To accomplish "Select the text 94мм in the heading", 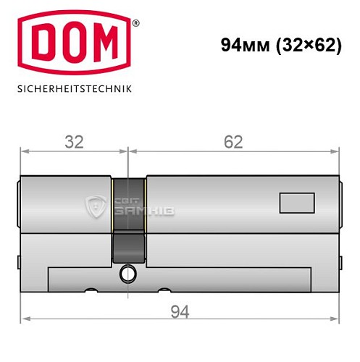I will tap(239, 44).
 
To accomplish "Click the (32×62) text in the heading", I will tap(304, 44).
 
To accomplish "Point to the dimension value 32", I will tap(73, 141).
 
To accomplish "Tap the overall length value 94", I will tap(179, 311).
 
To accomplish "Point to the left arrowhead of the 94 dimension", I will tap(24, 319).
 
